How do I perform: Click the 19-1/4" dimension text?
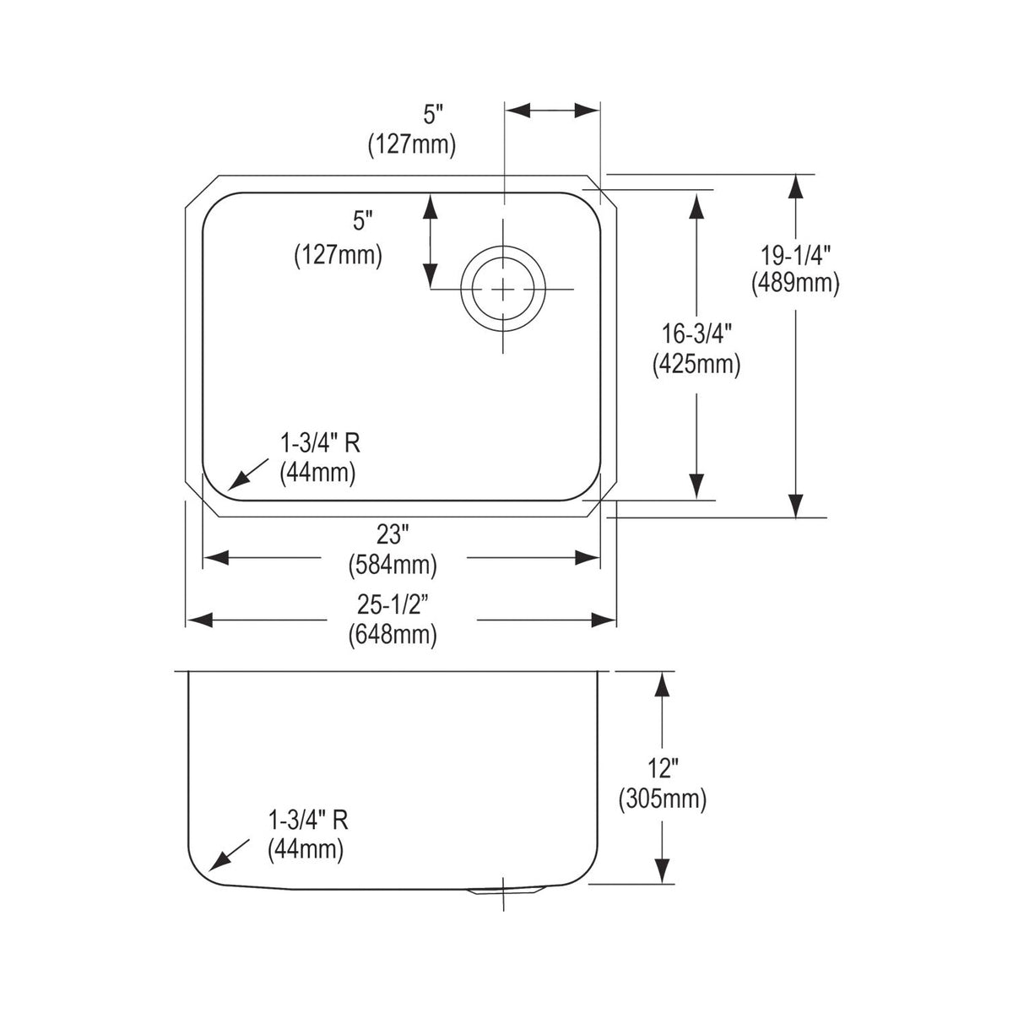pos(795,257)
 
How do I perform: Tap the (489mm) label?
pos(795,284)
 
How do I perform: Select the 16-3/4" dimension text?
pos(696,333)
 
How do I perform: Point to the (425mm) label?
pos(696,365)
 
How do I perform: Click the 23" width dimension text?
pos(393,536)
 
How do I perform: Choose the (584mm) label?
pos(393,565)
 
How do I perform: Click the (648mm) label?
pos(393,635)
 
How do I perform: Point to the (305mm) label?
pos(663,799)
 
